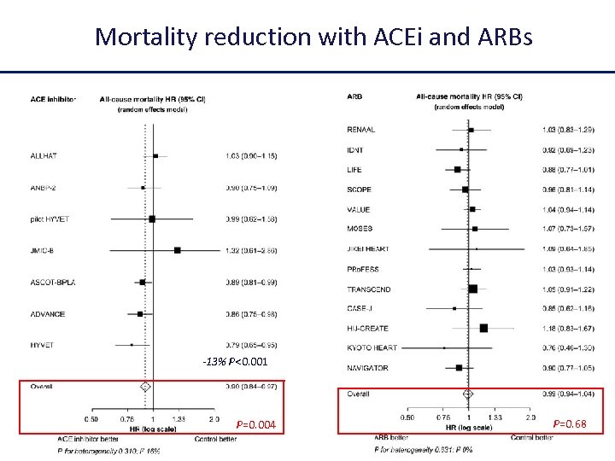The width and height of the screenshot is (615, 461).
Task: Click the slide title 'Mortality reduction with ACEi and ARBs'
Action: click(313, 37)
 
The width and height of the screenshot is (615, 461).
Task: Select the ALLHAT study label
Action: click(44, 156)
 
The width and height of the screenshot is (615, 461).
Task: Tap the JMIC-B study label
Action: click(42, 251)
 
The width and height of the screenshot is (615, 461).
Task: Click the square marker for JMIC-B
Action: click(178, 251)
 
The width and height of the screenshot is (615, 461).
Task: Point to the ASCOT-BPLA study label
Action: click(52, 283)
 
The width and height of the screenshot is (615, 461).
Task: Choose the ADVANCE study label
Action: click(47, 314)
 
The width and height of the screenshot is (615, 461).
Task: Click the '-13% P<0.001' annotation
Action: click(235, 362)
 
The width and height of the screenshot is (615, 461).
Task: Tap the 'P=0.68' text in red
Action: click(570, 424)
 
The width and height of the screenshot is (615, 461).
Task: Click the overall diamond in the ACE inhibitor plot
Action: click(145, 387)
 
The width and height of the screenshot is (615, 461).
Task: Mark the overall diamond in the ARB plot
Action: click(468, 394)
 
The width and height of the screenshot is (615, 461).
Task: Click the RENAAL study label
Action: click(360, 130)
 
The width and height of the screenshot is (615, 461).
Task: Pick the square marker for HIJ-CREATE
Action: click(484, 329)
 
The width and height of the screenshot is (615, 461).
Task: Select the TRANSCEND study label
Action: click(368, 289)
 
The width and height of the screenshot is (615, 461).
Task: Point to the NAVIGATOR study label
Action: click(367, 369)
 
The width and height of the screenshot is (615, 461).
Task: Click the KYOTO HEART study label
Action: click(372, 348)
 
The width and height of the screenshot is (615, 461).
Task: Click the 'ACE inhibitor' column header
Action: click(53, 98)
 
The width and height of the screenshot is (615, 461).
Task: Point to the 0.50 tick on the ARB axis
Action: click(407, 417)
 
